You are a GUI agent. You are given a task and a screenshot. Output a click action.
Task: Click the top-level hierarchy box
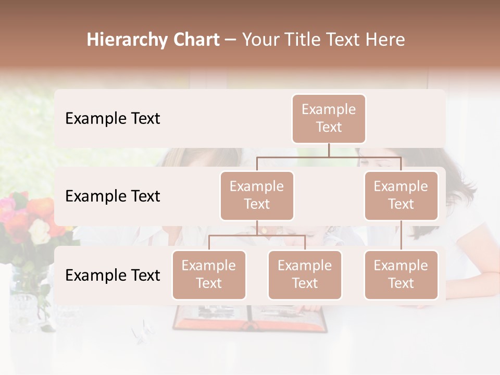click(x=329, y=118)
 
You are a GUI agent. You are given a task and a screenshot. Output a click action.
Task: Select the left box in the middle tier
click(x=257, y=195)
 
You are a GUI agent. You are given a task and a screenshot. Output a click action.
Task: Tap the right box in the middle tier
click(x=401, y=195)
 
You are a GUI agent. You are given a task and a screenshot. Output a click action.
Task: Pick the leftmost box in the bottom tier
click(x=209, y=274)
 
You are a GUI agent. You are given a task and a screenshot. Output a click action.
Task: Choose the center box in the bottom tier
click(x=305, y=274)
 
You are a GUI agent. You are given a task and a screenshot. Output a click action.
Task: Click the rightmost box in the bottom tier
click(x=401, y=274)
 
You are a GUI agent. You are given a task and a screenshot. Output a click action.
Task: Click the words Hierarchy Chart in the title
click(x=153, y=40)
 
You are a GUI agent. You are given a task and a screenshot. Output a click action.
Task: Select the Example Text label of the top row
click(x=113, y=118)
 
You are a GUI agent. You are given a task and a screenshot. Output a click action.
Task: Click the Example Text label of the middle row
click(x=113, y=196)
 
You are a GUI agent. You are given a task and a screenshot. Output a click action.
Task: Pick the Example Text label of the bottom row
click(x=113, y=275)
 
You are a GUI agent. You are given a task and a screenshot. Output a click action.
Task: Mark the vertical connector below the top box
click(x=329, y=150)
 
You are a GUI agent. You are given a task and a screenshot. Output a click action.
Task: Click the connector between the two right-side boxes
click(x=401, y=235)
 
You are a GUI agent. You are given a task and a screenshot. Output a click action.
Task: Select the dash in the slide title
click(x=231, y=40)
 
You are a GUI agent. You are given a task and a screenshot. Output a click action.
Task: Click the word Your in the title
click(x=259, y=40)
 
